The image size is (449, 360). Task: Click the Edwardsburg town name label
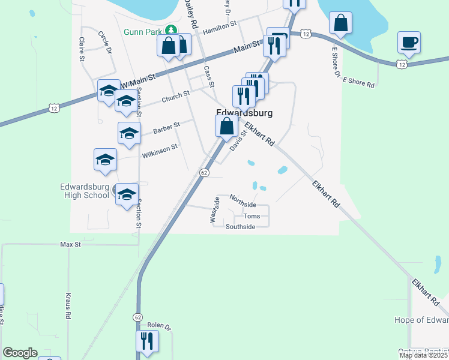(244, 113)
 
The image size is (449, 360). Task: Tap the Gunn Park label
(144, 32)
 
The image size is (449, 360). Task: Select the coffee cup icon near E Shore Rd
(409, 43)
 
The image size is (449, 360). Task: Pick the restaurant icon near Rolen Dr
(147, 341)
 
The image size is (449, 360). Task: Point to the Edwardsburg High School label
(84, 191)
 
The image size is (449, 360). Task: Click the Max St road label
(70, 245)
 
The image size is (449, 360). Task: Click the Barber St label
(166, 128)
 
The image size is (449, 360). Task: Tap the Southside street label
(240, 227)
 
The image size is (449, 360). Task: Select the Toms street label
(252, 216)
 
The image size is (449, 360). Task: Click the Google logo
(20, 353)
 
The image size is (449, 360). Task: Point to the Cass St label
(208, 75)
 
